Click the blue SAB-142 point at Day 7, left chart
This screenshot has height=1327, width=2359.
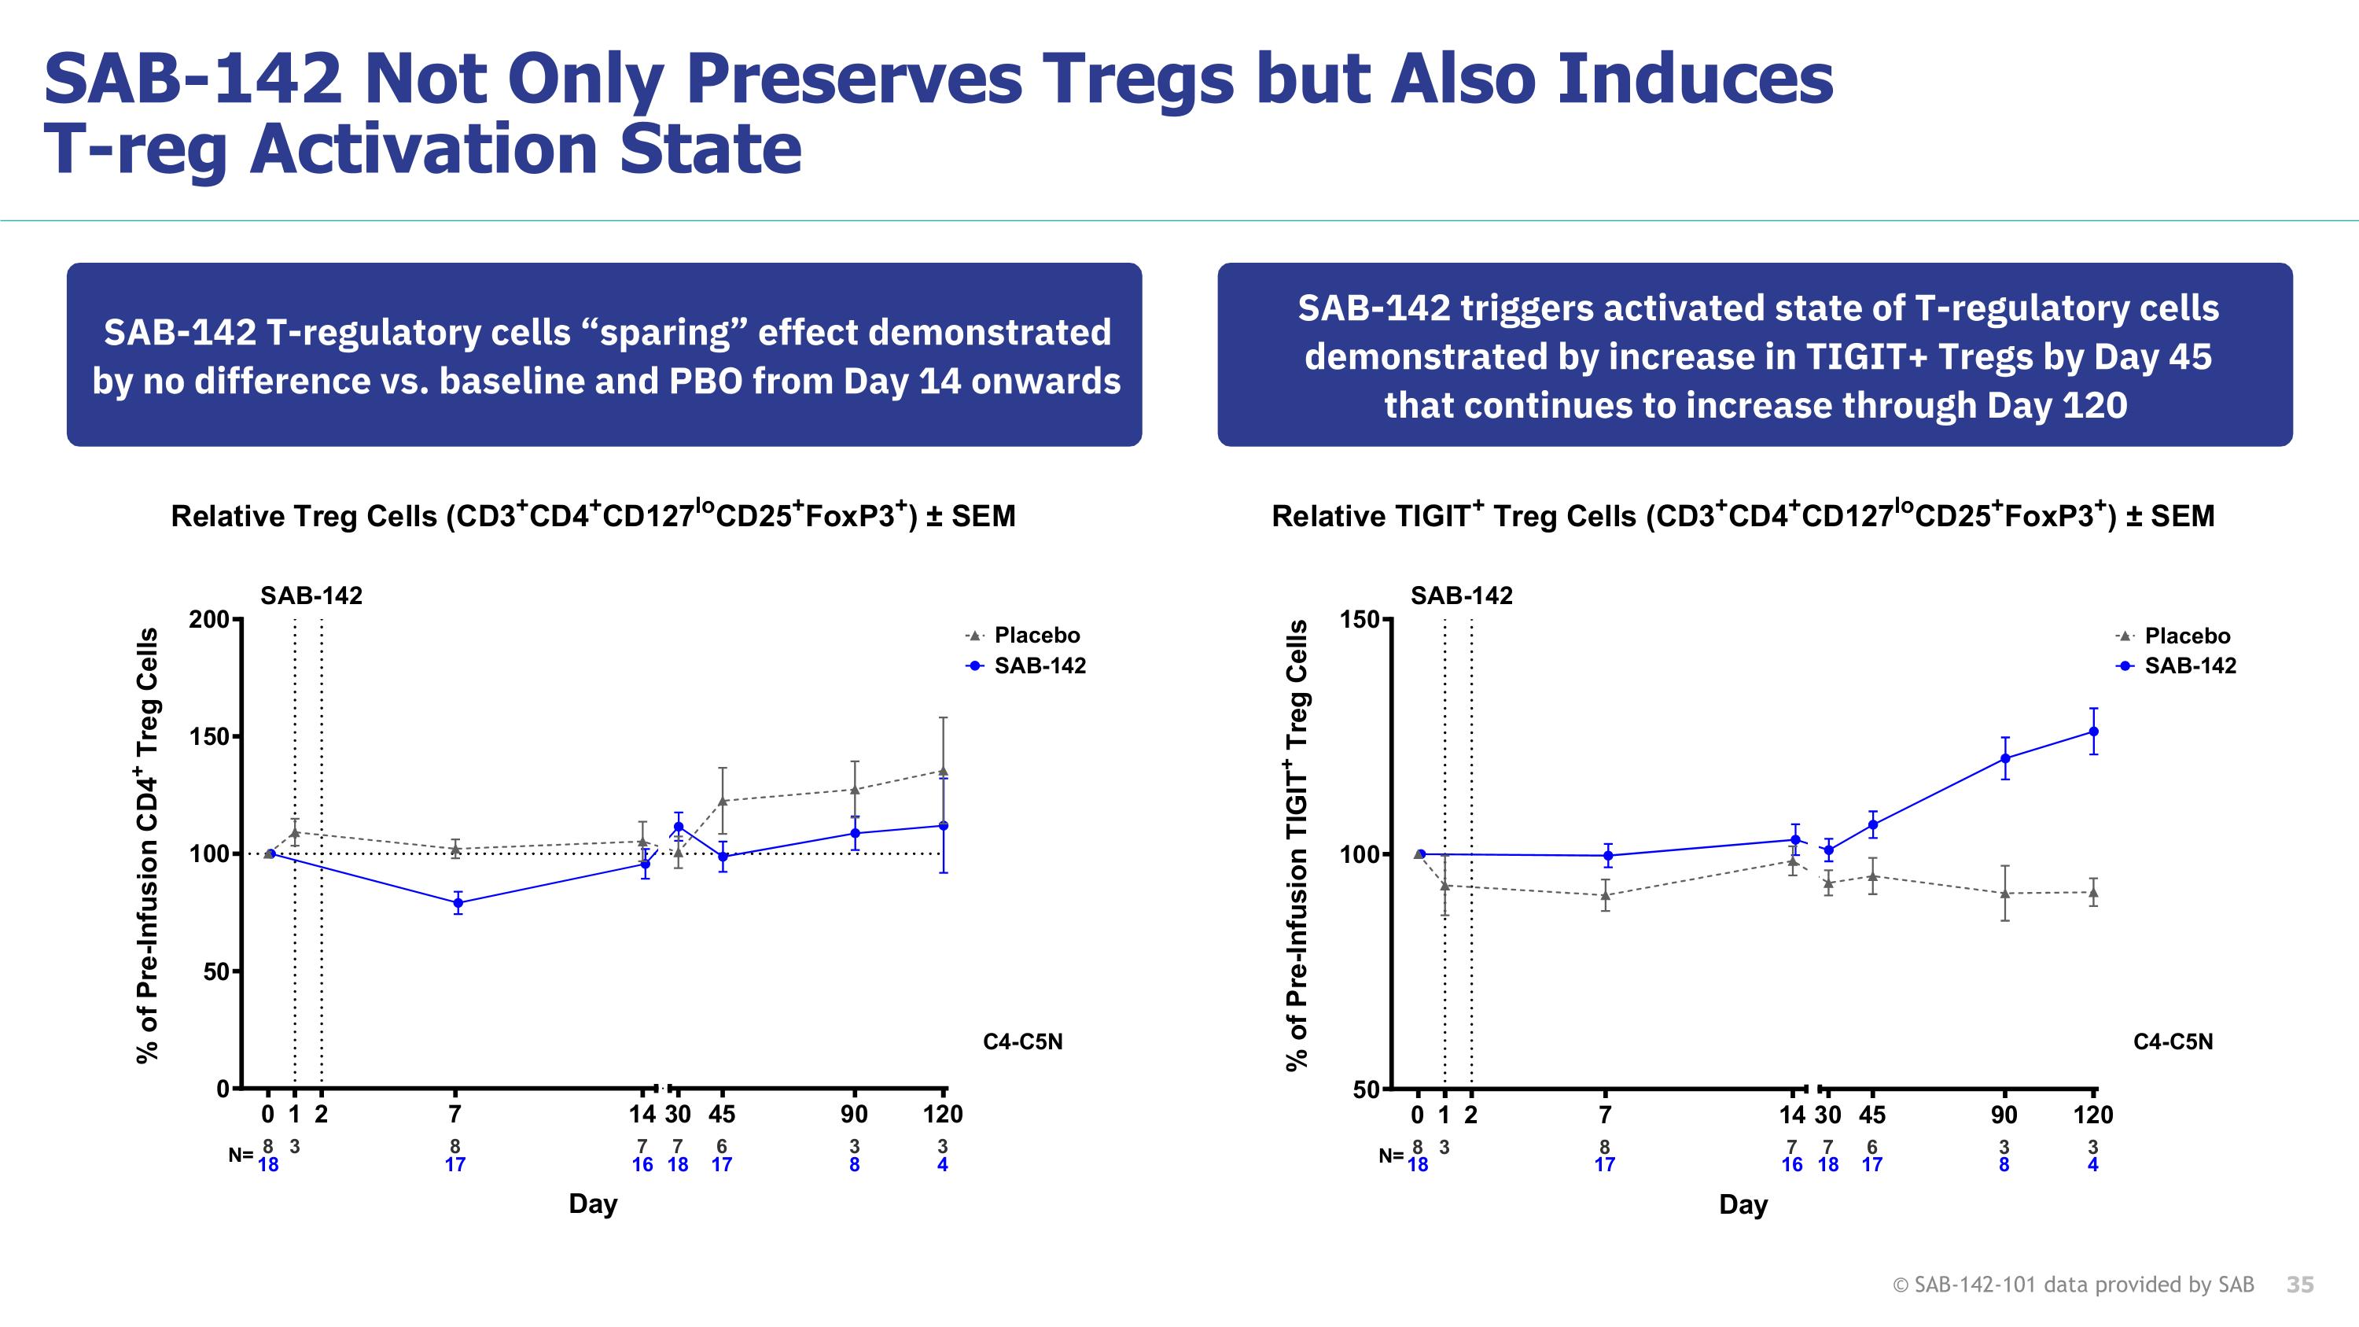coord(458,903)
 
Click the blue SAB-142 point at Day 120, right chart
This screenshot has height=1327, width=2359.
coord(2093,732)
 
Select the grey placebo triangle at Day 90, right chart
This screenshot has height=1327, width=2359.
coord(2004,894)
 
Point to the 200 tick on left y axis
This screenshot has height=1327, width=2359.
coord(209,620)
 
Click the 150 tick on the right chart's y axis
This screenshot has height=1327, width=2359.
coord(1359,620)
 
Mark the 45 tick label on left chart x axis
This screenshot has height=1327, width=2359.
coord(722,1115)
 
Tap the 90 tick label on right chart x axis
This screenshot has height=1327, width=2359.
coord(2004,1115)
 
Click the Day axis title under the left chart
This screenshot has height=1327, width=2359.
coord(592,1204)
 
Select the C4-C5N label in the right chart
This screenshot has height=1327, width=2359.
coord(2172,1042)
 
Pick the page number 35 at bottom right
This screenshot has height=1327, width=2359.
coord(2299,1285)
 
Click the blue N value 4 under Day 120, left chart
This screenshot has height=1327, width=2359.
coord(942,1165)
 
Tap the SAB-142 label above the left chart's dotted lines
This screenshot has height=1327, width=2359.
coord(311,596)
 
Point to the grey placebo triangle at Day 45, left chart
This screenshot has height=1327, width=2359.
coord(722,802)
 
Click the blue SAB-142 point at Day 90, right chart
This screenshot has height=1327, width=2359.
coord(2004,758)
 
